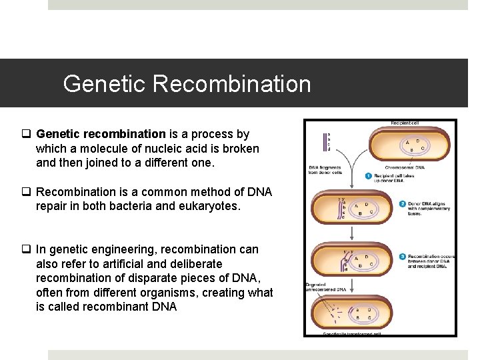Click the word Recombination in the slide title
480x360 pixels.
tap(232, 84)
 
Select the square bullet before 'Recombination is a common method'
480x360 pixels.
tap(29, 192)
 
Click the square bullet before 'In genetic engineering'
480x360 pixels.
tap(29, 249)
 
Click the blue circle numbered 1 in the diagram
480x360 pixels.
tap(369, 175)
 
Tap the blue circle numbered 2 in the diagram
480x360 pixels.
tap(402, 204)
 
